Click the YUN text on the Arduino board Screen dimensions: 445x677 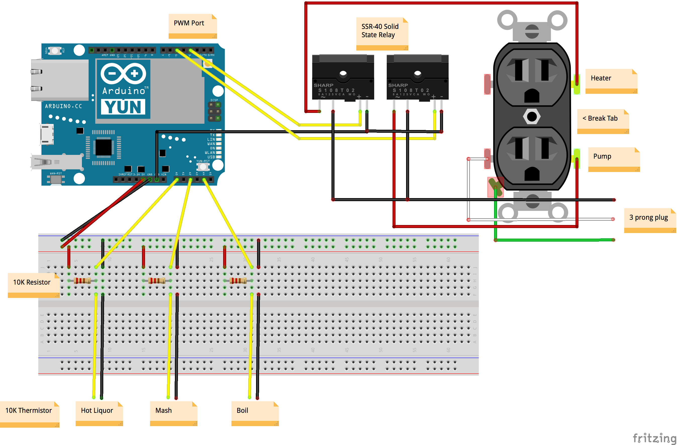coord(123,107)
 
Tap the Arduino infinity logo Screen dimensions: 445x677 coord(123,73)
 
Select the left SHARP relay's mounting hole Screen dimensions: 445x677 coord(343,74)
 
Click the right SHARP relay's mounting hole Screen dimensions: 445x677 coord(417,74)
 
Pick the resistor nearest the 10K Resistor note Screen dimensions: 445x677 coord(82,281)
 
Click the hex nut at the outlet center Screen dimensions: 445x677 coord(532,116)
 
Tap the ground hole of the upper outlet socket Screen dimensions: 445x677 coord(532,96)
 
